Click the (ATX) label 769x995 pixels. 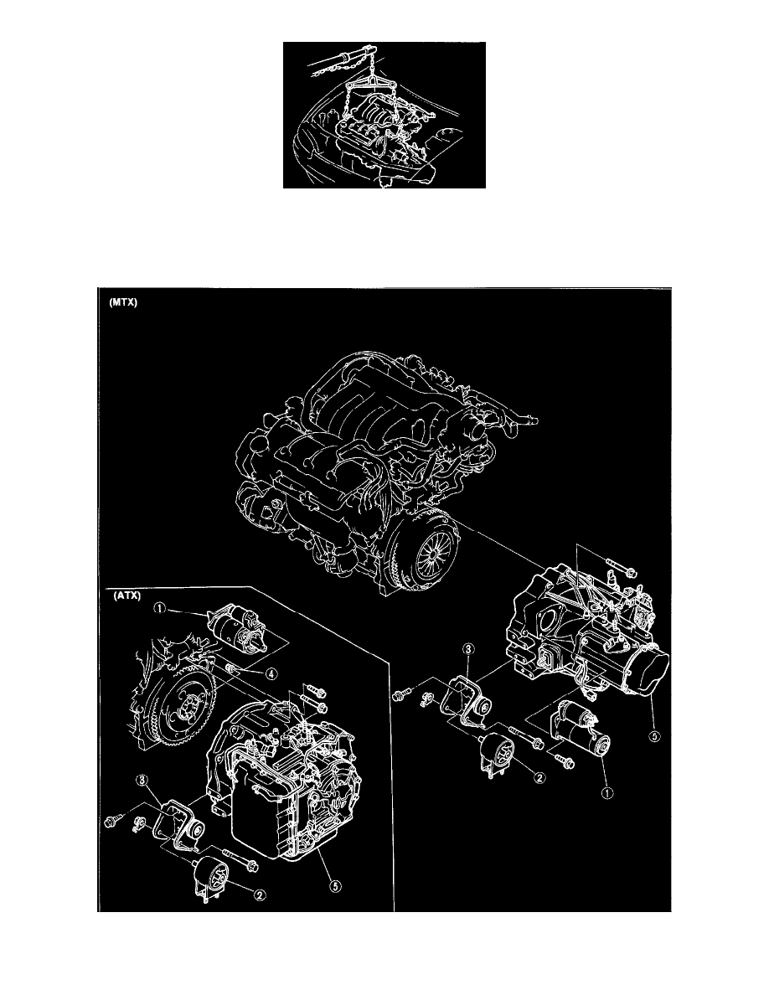coord(126,596)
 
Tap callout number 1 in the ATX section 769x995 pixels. coord(160,609)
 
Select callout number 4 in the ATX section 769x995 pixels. coord(271,674)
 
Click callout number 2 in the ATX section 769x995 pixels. coord(260,894)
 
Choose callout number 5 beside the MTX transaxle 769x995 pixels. coord(654,736)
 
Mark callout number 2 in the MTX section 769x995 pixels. coord(540,777)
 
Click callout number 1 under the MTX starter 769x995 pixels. coord(608,792)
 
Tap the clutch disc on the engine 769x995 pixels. coord(425,549)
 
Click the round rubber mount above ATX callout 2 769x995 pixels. coord(213,876)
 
